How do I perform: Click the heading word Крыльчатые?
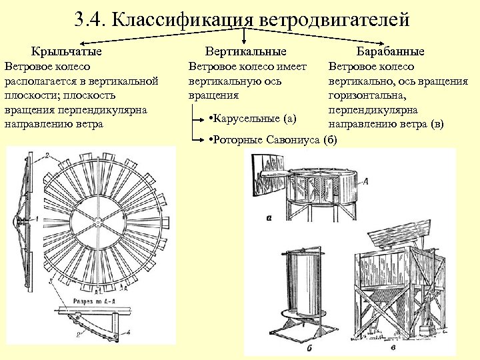click(67, 51)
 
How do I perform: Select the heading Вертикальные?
click(246, 51)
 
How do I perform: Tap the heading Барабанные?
click(390, 51)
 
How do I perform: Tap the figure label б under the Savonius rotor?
click(309, 347)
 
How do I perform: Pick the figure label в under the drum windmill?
click(394, 347)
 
